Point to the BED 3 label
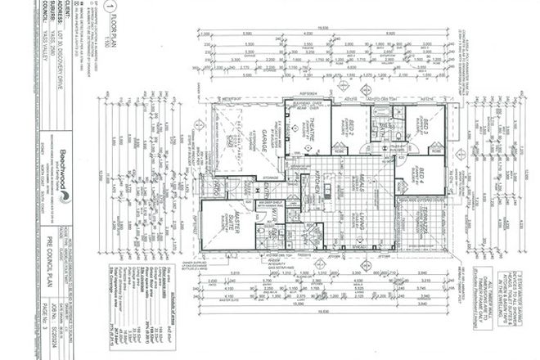428,128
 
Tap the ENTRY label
267,190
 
